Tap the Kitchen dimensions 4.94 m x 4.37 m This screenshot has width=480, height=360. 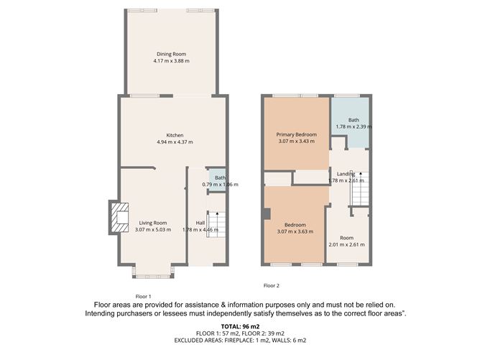coord(175,142)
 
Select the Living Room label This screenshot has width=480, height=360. coord(152,223)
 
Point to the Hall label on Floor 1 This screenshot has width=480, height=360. coord(200,223)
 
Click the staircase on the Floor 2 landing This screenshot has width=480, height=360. coord(360,190)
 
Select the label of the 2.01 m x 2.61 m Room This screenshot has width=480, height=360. coord(347,238)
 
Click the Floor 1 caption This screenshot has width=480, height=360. coord(144,297)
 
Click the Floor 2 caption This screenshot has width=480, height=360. coord(271,287)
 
